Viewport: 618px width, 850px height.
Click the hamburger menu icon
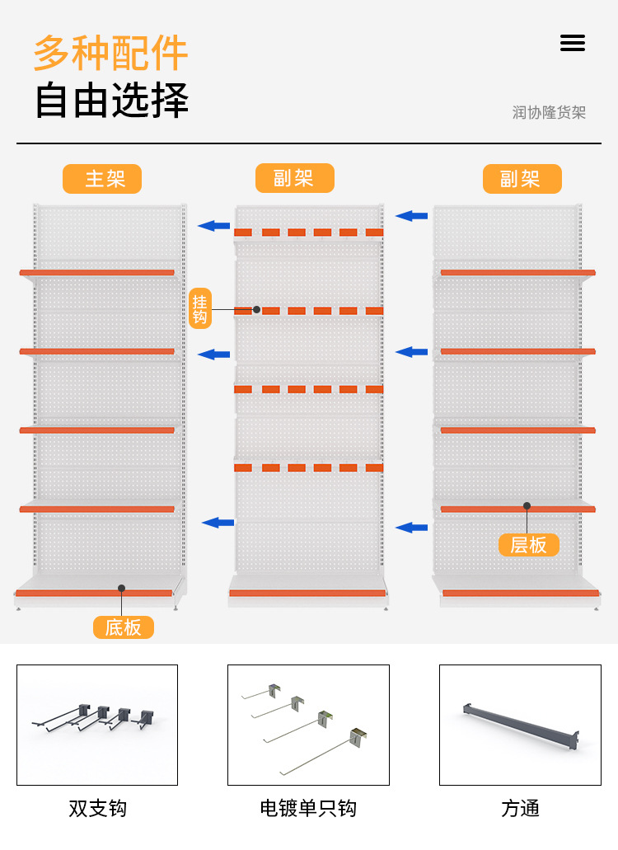click(x=573, y=43)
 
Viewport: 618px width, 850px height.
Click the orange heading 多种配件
click(x=110, y=53)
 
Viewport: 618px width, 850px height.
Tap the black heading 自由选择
click(x=111, y=101)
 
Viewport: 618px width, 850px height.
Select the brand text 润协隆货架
click(x=549, y=112)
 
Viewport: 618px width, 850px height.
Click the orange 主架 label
click(x=102, y=179)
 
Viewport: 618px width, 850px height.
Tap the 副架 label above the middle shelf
click(x=294, y=178)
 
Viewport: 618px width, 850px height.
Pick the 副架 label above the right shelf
click(x=522, y=179)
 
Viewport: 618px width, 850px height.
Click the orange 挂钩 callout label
click(x=200, y=308)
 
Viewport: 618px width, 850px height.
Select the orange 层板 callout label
click(x=529, y=545)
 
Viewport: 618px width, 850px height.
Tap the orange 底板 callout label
click(x=124, y=627)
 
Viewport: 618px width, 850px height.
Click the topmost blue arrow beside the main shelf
click(x=214, y=225)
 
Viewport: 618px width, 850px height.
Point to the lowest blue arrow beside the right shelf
click(x=411, y=527)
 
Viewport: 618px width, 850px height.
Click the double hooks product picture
click(x=97, y=725)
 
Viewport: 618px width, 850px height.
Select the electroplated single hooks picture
click(x=308, y=725)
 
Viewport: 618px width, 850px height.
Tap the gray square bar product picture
click(x=520, y=725)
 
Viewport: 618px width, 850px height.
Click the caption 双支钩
click(x=97, y=808)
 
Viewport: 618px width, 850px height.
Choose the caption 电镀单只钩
click(x=308, y=808)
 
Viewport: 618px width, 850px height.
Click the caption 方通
click(x=520, y=808)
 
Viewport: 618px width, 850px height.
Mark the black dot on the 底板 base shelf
click(x=121, y=588)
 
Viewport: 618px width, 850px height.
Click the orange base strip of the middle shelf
click(x=307, y=593)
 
